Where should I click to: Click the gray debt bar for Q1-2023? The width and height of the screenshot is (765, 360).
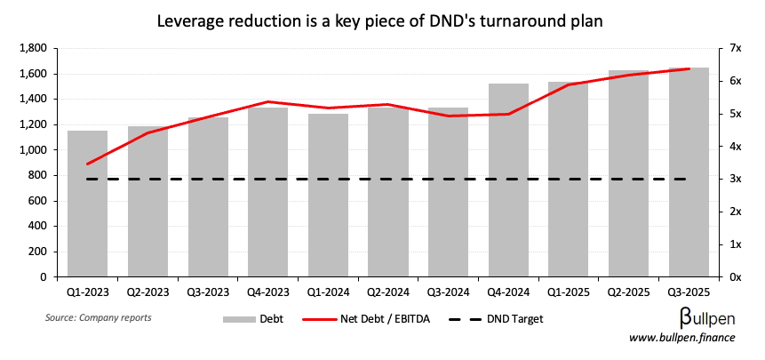88,204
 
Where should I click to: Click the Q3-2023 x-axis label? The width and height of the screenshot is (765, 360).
208,291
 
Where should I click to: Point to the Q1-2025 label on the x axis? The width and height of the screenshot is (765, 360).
569,291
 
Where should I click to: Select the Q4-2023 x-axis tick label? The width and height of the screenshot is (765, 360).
268,291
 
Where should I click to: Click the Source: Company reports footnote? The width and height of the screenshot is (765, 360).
98,317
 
